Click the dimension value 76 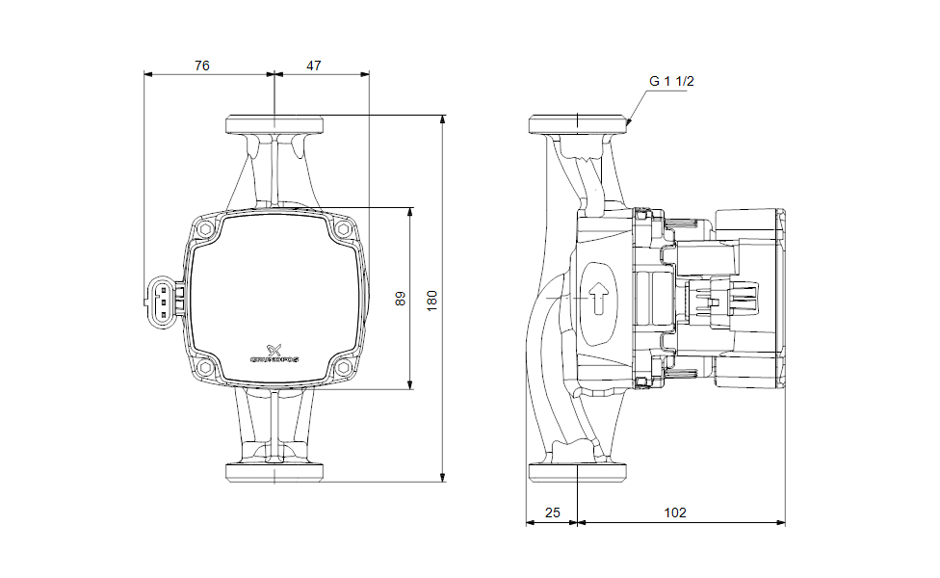click(201, 66)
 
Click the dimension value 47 click(314, 66)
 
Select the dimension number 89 click(401, 299)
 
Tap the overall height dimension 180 click(432, 299)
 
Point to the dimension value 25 click(552, 513)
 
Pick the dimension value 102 click(675, 513)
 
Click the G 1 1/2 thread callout click(671, 82)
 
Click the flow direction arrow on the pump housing click(599, 298)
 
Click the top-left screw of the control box click(206, 230)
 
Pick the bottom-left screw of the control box click(206, 368)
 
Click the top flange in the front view click(274, 124)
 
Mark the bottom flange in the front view click(274, 473)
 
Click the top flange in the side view click(578, 124)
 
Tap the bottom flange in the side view click(578, 473)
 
